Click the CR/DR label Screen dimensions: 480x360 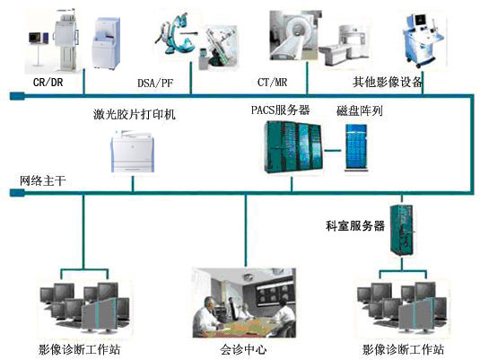(48, 82)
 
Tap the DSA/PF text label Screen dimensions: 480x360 (155, 83)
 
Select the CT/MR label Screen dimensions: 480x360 (272, 82)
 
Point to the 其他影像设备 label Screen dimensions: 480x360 (388, 82)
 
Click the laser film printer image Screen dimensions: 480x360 (132, 152)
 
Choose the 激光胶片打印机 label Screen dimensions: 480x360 (135, 114)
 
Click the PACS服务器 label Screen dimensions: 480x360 (281, 110)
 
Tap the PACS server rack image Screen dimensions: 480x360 (293, 147)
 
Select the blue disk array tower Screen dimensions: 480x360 (356, 146)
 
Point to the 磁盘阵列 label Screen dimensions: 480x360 (360, 110)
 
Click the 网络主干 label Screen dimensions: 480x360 (42, 180)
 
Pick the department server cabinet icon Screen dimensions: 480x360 (401, 231)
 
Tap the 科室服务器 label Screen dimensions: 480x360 (355, 226)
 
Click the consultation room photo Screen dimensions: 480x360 (244, 303)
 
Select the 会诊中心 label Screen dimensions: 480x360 (243, 349)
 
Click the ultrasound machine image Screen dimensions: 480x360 (424, 40)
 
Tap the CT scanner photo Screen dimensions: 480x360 (295, 35)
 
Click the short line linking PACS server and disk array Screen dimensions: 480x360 (333, 151)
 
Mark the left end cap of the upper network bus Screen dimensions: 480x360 (17, 96)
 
